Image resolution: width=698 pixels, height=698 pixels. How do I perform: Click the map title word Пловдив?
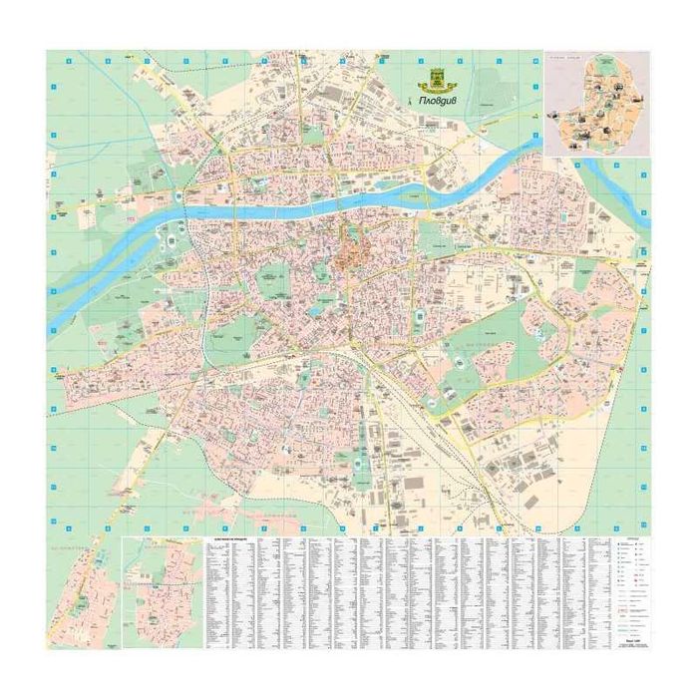pos(440,100)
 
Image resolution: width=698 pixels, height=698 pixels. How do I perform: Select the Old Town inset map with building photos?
pos(595,105)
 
